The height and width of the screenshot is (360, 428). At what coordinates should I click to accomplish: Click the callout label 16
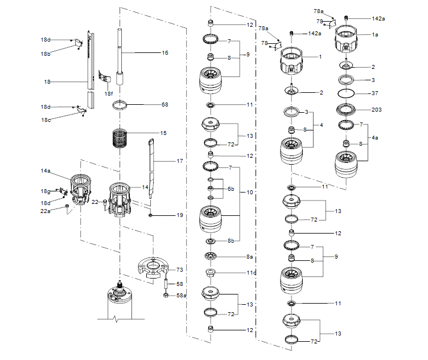164,53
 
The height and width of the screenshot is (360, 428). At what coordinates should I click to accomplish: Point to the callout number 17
179,162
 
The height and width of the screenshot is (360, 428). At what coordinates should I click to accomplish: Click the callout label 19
179,215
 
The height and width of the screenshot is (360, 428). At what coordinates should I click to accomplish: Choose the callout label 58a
181,296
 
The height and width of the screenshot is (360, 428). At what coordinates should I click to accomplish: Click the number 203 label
376,110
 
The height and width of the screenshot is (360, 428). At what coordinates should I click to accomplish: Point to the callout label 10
249,193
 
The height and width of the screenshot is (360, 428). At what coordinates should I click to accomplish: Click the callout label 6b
231,189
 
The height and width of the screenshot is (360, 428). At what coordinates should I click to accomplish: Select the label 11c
250,273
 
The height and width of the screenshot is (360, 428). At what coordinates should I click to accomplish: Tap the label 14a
46,170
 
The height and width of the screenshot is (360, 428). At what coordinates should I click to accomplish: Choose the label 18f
108,93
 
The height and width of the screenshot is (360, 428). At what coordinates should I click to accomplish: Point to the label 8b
231,241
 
